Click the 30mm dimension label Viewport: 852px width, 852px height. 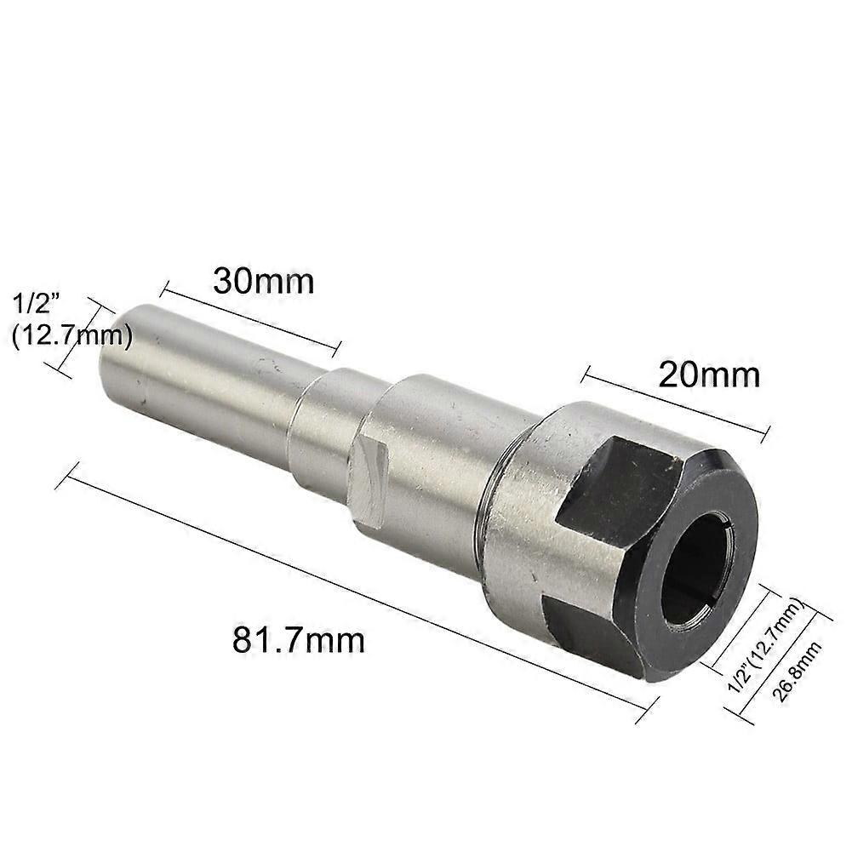(263, 282)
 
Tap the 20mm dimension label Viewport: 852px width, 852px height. (708, 375)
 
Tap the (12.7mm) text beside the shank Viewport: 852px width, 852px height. (71, 337)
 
